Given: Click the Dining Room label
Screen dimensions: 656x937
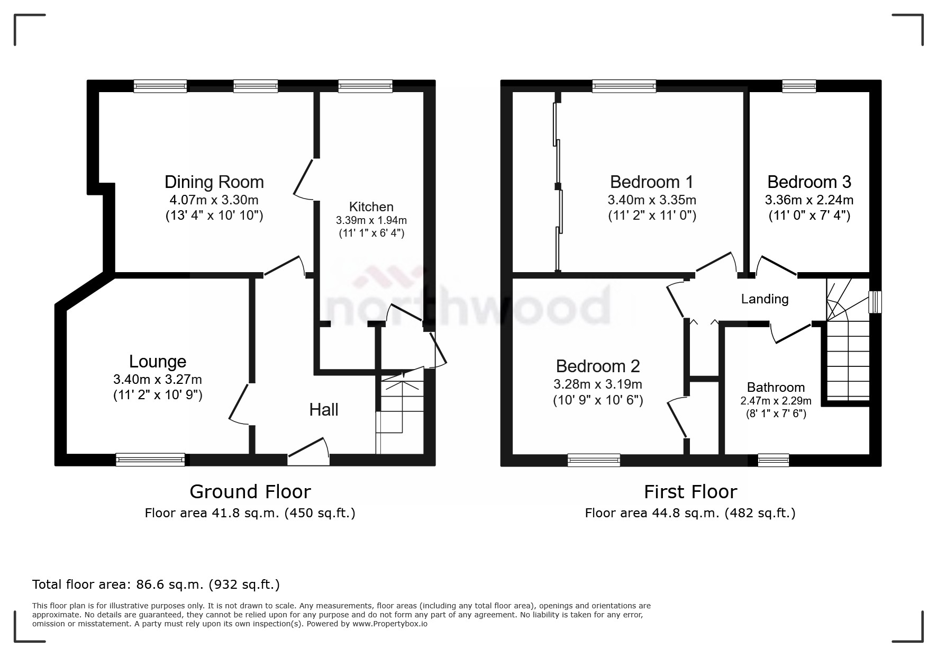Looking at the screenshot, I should pyautogui.click(x=214, y=182).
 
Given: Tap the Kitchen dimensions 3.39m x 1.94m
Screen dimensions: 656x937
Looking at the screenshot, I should pyautogui.click(x=371, y=220).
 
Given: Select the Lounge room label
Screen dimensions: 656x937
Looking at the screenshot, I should pyautogui.click(x=158, y=362).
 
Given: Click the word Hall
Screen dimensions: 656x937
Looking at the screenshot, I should pyautogui.click(x=324, y=409).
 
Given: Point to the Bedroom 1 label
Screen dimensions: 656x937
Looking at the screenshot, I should pyautogui.click(x=651, y=182).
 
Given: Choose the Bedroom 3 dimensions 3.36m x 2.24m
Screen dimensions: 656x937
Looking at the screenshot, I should pyautogui.click(x=809, y=200).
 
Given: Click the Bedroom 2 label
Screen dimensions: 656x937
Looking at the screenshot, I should pyautogui.click(x=598, y=366).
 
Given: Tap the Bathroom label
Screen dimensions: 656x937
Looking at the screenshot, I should pyautogui.click(x=776, y=387).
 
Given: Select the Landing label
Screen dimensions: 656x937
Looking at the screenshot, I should pyautogui.click(x=765, y=299).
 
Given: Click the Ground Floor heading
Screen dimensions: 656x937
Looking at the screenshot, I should pyautogui.click(x=250, y=492).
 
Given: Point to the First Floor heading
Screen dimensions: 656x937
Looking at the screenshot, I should pyautogui.click(x=690, y=492).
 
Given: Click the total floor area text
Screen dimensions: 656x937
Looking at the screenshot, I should pyautogui.click(x=156, y=585).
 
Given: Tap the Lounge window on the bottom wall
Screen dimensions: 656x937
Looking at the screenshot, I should pyautogui.click(x=150, y=460).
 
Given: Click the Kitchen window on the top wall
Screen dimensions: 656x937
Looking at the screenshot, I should pyautogui.click(x=365, y=86).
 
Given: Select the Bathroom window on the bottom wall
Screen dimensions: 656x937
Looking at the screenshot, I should pyautogui.click(x=773, y=460).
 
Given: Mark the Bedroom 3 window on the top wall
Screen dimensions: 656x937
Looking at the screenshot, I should pyautogui.click(x=799, y=86).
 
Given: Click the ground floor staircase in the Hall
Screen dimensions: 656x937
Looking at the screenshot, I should pyautogui.click(x=401, y=413).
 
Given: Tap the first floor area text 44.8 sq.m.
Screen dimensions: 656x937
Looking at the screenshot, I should pyautogui.click(x=690, y=513).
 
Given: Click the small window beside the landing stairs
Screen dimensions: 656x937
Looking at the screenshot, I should pyautogui.click(x=875, y=302).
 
